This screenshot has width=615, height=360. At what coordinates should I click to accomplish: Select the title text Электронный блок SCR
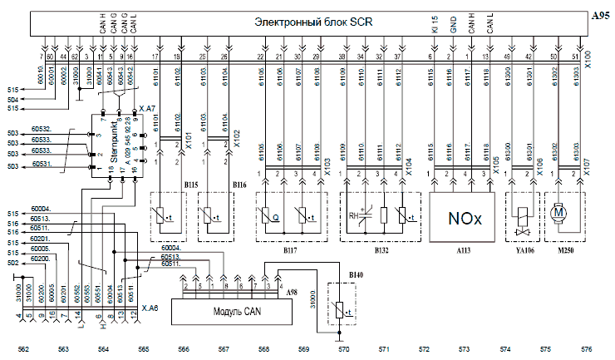click(314, 22)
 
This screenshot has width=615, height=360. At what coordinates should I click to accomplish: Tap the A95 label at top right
click(599, 16)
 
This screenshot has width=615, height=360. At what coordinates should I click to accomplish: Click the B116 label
click(239, 184)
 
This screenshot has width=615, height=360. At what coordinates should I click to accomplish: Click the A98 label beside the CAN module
click(292, 293)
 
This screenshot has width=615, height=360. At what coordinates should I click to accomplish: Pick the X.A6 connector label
click(150, 307)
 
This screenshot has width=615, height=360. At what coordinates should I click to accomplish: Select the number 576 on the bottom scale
click(586, 349)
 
